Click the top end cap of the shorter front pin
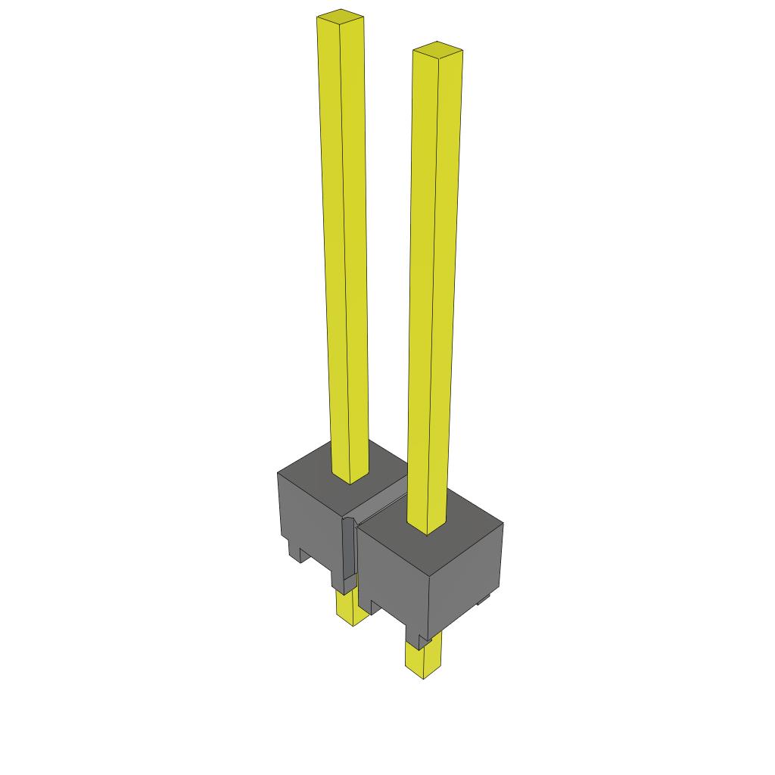[437, 49]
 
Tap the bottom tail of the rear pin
[351, 608]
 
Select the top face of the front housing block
[454, 522]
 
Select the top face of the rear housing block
[318, 469]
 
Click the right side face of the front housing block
[465, 579]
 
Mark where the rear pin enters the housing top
[350, 478]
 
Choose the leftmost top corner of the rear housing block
[278, 472]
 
